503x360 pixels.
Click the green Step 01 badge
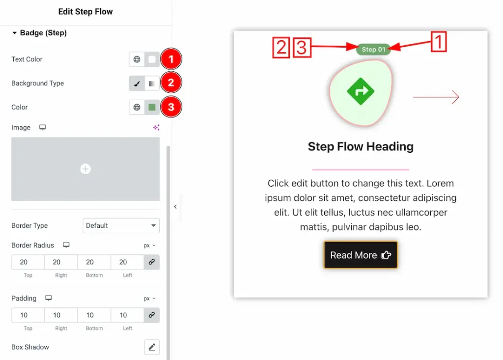pos(373,50)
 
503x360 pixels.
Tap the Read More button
pos(361,255)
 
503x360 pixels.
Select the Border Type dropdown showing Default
pos(121,225)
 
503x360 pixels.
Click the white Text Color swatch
pos(152,59)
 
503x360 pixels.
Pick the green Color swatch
pos(152,107)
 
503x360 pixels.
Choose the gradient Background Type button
pos(152,83)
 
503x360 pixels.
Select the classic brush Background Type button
pos(137,83)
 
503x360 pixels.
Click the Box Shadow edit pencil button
pos(152,347)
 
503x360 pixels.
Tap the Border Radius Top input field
pos(28,262)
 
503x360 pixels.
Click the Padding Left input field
pos(127,315)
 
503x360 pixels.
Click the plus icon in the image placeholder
pos(85,169)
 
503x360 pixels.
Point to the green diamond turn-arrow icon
pos(361,91)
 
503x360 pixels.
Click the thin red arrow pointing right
pos(436,97)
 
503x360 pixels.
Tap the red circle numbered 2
pos(171,83)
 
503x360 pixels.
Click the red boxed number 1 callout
pos(439,41)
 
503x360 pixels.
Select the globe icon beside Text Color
pos(137,59)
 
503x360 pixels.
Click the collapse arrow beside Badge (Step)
pos(14,33)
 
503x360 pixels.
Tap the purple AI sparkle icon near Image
pos(156,127)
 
